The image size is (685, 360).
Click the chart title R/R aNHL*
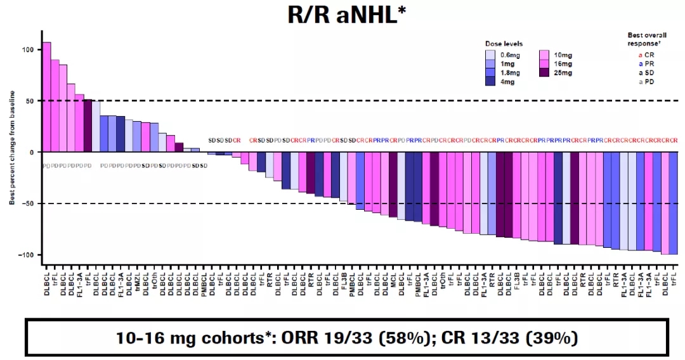(x=343, y=15)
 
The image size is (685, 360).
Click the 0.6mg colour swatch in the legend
(x=491, y=55)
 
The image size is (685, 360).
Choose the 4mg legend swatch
(x=491, y=81)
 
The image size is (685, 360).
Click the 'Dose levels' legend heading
(x=504, y=44)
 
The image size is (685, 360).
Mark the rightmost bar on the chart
(x=673, y=203)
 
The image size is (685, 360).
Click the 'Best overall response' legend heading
(x=648, y=39)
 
